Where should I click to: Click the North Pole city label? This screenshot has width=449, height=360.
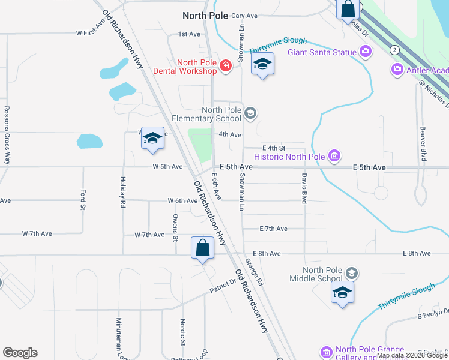click(x=205, y=16)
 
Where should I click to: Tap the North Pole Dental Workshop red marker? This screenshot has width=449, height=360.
click(x=226, y=65)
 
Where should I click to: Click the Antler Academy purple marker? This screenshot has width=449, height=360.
click(x=397, y=70)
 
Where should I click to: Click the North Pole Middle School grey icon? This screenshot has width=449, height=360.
click(x=351, y=274)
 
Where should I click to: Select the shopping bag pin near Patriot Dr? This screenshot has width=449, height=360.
click(x=203, y=248)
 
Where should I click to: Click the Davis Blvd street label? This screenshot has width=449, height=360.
click(x=304, y=188)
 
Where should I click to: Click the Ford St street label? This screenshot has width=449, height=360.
click(x=83, y=200)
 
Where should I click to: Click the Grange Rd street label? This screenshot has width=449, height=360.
click(x=255, y=272)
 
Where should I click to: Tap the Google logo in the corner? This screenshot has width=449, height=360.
click(x=20, y=353)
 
